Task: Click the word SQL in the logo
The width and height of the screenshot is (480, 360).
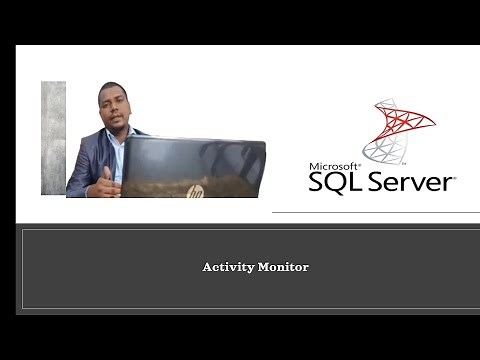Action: coord(334,182)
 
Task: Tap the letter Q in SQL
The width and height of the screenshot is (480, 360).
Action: coord(332,183)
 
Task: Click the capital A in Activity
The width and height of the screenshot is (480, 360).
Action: coord(207,267)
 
